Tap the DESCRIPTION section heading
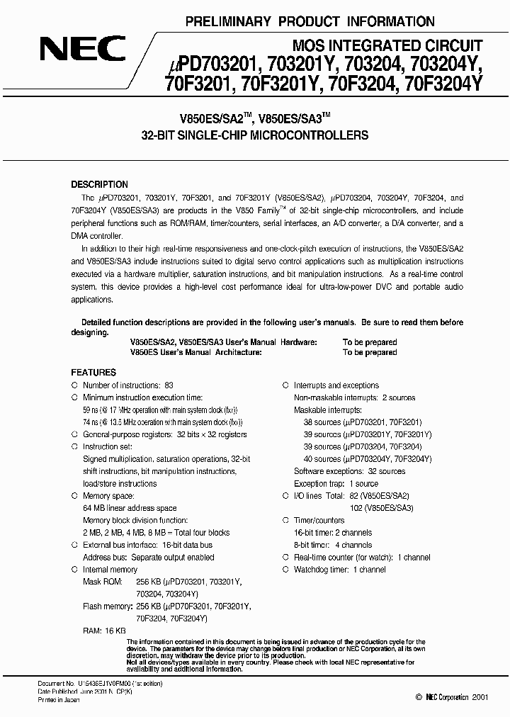point(99,184)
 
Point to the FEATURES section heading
point(93,372)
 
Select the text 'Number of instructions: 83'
point(128,385)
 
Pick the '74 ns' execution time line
point(165,422)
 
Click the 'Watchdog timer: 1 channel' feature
point(340,570)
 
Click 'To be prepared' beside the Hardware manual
point(370,342)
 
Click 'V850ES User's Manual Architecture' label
point(196,352)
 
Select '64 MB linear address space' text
point(130,509)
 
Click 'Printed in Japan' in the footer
point(59,699)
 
